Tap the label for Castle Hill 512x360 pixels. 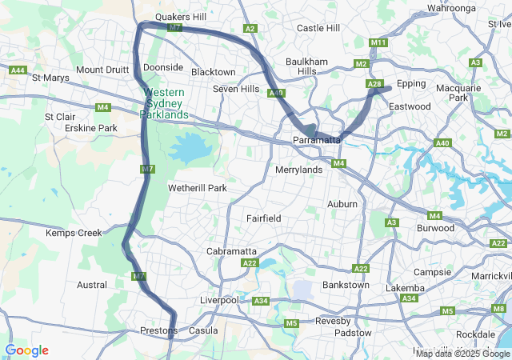[x=318, y=28]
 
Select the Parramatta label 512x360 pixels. [x=318, y=141]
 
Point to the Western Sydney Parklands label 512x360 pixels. [x=166, y=103]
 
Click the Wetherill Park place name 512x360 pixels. [x=198, y=188]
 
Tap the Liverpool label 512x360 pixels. [x=218, y=300]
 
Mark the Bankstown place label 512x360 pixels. [x=346, y=285]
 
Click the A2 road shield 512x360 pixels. [x=250, y=29]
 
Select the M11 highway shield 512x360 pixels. [x=378, y=42]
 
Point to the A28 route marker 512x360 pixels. [x=374, y=84]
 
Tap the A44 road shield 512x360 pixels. [x=18, y=70]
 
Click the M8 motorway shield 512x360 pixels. [x=499, y=309]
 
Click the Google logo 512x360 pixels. [x=26, y=350]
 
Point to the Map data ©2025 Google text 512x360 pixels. [x=462, y=354]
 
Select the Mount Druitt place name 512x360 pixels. [x=102, y=70]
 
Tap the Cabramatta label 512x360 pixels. [x=231, y=251]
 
